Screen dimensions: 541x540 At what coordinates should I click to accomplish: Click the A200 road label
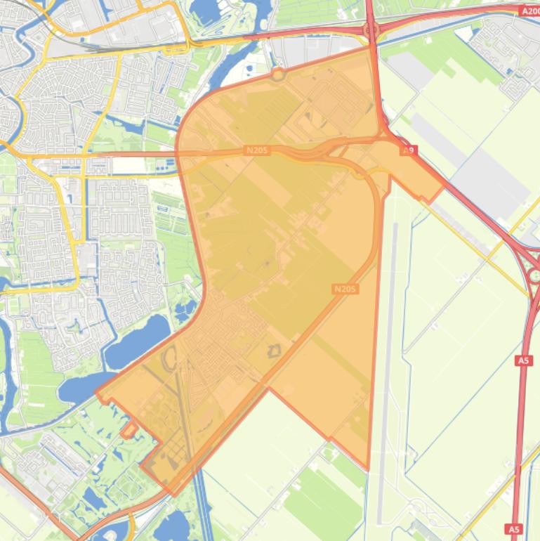(529, 11)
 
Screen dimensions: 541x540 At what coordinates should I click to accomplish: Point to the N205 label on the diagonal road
(345, 289)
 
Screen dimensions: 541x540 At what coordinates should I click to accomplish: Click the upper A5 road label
(523, 360)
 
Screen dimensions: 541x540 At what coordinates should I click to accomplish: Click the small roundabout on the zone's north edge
(278, 73)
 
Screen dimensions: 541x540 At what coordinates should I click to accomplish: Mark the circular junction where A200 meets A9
(371, 30)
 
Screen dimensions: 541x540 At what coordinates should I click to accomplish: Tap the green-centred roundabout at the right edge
(535, 275)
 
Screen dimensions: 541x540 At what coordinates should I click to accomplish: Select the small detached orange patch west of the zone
(129, 430)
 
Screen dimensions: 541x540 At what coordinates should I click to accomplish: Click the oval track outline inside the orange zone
(170, 359)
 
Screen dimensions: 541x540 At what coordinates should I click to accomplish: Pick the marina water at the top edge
(205, 10)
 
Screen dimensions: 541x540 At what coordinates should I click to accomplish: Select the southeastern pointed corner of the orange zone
(367, 469)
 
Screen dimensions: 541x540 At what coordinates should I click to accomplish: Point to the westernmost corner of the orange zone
(96, 394)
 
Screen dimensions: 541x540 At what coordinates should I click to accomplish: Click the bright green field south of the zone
(323, 499)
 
